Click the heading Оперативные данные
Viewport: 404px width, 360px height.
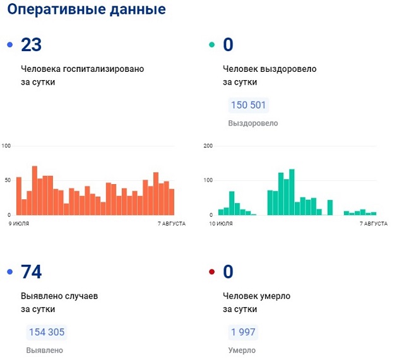[x=86, y=10]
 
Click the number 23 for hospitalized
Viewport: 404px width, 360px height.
[x=31, y=45]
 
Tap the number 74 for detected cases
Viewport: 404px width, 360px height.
[x=31, y=272]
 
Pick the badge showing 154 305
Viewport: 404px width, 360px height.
[x=45, y=333]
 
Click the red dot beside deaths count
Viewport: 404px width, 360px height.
[x=211, y=272]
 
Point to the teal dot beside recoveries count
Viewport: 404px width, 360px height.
[x=211, y=45]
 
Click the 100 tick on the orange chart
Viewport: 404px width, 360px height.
[x=7, y=146]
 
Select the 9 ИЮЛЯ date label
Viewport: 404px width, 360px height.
[x=19, y=224]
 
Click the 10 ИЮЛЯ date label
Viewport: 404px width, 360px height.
[x=221, y=224]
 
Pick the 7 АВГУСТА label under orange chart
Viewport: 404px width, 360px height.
[x=170, y=224]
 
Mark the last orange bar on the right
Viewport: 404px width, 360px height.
[x=171, y=202]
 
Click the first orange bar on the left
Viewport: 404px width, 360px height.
[x=19, y=196]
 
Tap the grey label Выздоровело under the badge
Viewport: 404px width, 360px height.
[x=252, y=124]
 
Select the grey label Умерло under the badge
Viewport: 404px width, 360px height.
[x=242, y=351]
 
